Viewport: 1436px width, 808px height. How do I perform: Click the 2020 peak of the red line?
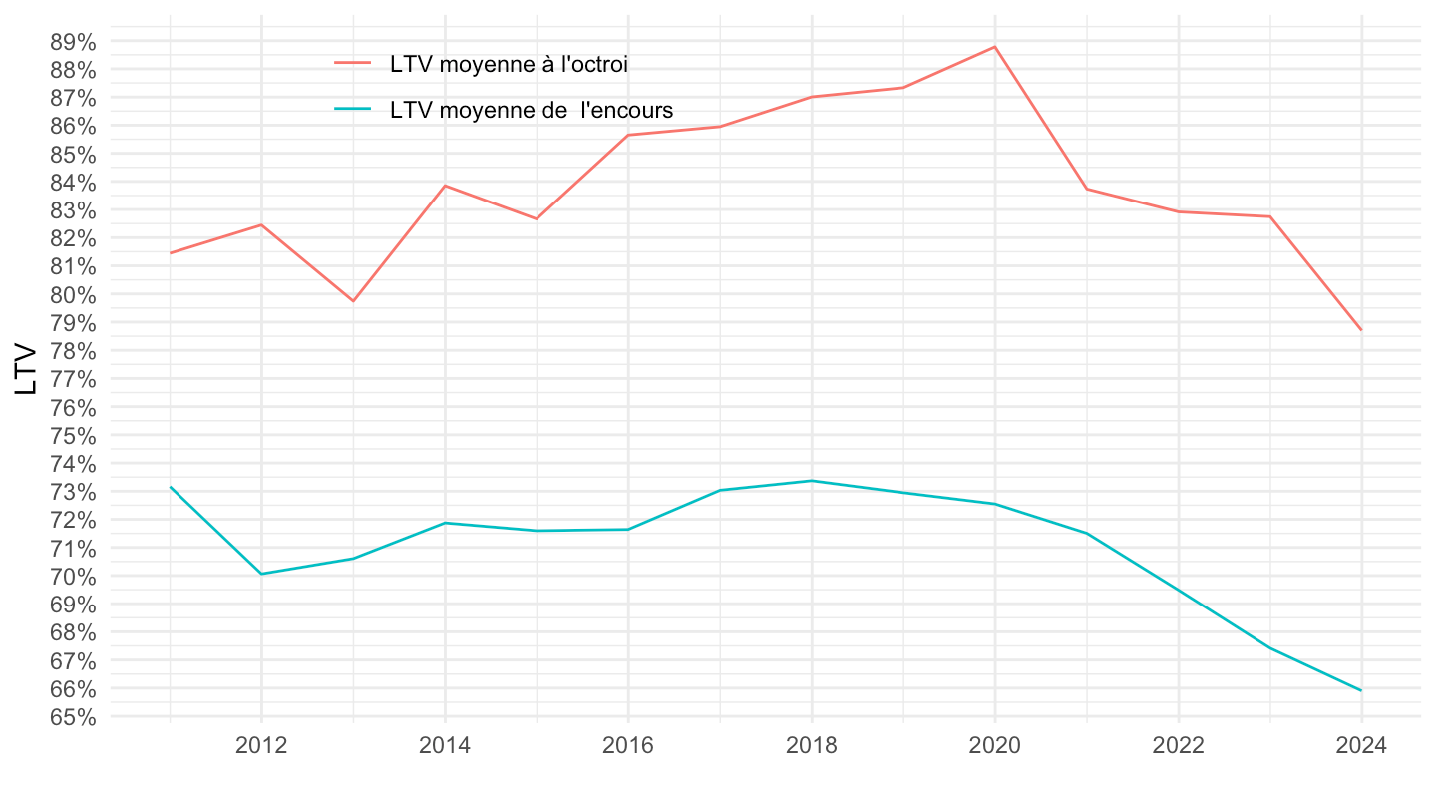(x=994, y=46)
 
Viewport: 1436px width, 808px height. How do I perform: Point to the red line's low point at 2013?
(x=353, y=301)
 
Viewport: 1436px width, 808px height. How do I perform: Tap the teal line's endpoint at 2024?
(x=1361, y=690)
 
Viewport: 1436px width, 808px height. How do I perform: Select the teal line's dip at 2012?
(x=261, y=574)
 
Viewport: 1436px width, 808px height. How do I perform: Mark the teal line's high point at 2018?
(x=811, y=481)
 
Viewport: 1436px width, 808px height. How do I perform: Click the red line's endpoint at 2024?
(x=1361, y=330)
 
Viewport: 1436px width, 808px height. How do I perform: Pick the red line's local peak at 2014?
(x=445, y=186)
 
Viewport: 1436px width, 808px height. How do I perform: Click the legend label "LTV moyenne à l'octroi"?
(x=509, y=64)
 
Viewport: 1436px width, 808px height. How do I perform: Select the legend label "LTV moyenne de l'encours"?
(x=532, y=110)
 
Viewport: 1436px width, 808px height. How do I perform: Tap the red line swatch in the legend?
(x=353, y=64)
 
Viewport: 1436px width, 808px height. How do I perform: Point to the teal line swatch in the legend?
(x=353, y=110)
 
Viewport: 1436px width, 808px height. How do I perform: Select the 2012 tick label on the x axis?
(x=261, y=746)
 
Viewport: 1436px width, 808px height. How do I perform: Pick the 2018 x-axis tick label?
(x=811, y=746)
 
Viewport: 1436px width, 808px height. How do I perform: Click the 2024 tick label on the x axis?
(x=1361, y=746)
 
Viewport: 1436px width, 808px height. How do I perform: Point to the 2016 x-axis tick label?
(x=628, y=746)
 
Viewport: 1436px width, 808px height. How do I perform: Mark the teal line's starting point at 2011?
(x=171, y=487)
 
